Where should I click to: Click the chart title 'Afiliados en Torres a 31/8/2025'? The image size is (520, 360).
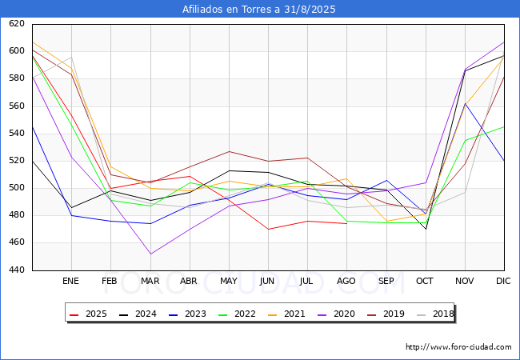click(260, 10)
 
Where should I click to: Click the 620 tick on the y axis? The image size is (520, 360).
click(17, 25)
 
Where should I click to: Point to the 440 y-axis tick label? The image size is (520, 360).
click(17, 270)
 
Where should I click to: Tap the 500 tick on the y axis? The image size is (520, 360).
click(17, 189)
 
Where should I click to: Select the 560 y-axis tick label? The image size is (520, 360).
click(17, 106)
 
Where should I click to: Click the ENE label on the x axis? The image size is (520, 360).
click(71, 282)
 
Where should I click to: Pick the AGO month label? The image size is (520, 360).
click(346, 282)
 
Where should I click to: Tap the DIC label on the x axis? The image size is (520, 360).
click(504, 282)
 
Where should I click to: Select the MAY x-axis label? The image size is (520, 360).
click(229, 282)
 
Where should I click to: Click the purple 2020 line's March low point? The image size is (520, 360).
click(150, 254)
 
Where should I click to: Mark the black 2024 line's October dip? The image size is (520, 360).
click(426, 230)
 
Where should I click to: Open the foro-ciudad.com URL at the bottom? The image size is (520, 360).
click(458, 347)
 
